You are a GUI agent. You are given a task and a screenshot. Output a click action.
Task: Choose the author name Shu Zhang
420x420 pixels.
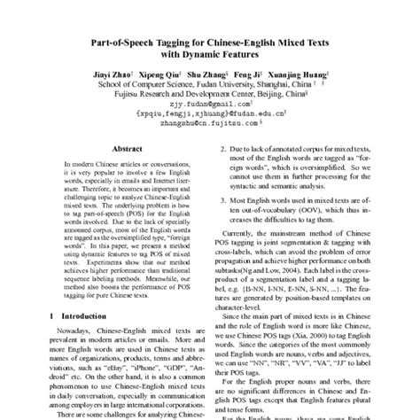206,76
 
